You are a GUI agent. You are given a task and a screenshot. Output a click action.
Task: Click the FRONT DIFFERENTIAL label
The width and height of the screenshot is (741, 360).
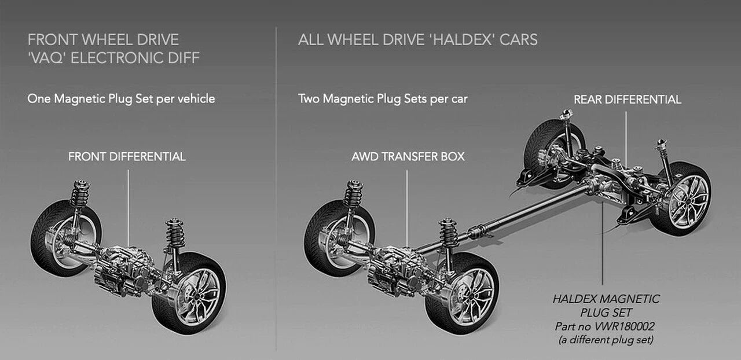point(127,156)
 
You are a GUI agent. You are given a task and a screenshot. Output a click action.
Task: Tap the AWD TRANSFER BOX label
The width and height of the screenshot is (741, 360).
point(408,156)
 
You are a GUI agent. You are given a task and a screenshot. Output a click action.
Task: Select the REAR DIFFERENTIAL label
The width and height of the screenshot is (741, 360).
point(627,100)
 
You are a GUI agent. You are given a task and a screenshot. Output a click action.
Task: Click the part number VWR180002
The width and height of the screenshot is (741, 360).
point(624,326)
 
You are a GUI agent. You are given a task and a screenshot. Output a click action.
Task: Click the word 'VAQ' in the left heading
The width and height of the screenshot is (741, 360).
point(47,58)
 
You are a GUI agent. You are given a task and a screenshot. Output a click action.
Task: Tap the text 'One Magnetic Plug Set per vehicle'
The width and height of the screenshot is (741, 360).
point(121,99)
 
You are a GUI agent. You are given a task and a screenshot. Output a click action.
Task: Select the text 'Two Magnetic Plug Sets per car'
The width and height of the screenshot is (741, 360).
point(383,99)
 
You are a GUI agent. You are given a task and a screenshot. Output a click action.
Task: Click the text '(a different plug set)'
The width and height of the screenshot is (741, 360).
point(606,340)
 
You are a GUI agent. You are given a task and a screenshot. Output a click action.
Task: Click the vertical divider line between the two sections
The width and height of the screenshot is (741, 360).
point(276,189)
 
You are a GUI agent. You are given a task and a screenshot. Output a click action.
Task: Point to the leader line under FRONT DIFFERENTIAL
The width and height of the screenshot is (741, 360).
point(128,208)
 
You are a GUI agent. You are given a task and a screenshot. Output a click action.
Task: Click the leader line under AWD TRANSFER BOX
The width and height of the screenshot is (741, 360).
point(407,208)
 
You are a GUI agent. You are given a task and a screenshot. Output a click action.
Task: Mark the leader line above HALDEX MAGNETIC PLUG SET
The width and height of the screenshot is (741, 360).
point(603,243)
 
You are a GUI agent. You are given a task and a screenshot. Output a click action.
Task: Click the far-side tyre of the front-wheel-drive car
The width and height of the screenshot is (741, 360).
point(65,238)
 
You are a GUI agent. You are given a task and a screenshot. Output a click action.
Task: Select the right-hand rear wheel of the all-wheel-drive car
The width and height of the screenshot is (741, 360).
point(682,199)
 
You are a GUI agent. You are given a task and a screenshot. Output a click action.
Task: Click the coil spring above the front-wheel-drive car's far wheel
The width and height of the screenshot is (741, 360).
point(80,194)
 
